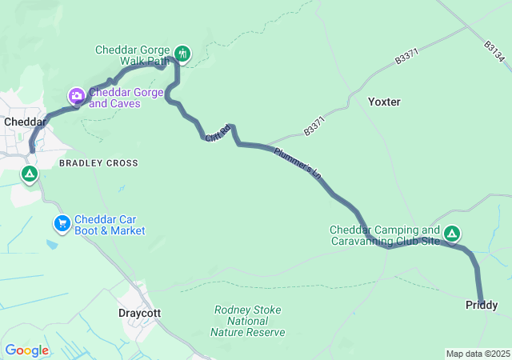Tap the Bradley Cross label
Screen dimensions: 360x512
pos(98,163)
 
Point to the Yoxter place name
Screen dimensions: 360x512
pos(384,102)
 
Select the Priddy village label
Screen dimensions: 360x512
pos(482,306)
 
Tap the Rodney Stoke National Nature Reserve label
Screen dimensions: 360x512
pos(247,321)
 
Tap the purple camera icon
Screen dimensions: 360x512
pos(77,97)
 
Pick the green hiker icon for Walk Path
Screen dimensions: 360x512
pos(182,54)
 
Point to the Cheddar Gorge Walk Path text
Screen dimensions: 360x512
pos(132,55)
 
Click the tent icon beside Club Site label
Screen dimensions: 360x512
pos(452,234)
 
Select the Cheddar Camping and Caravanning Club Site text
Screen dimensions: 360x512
pos(385,236)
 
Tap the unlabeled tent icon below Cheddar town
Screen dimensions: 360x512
pos(30,173)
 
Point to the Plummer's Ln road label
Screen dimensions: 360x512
pos(297,162)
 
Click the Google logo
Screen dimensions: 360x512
pos(27,350)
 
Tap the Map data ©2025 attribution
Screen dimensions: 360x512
pos(477,354)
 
